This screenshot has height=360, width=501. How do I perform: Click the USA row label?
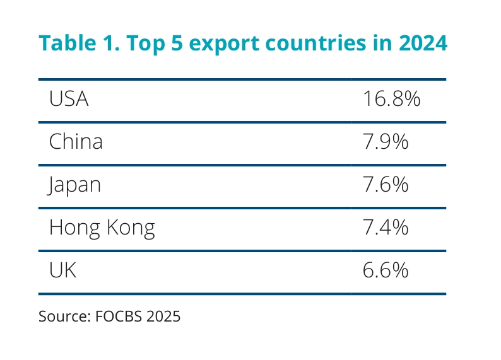point(69,100)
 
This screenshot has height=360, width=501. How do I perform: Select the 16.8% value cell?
point(391,100)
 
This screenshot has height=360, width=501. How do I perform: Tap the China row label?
point(76,142)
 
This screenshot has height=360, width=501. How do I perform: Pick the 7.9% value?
point(386,142)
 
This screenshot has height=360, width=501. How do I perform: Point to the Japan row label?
point(74,185)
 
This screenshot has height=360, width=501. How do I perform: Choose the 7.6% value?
point(386,185)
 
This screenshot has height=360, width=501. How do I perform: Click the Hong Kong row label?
point(102,228)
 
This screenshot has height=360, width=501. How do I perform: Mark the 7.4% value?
point(386,227)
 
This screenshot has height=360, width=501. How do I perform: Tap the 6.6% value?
point(386,270)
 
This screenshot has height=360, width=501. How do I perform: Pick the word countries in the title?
point(306,44)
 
